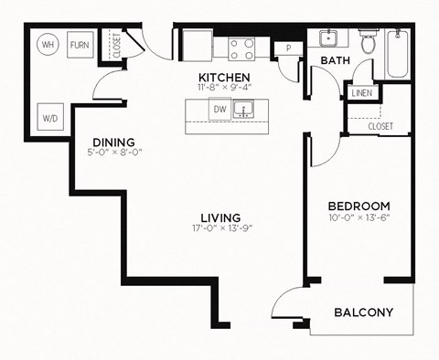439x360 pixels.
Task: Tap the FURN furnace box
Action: (80, 43)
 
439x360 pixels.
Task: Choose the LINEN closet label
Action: (359, 93)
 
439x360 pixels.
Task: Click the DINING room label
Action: (113, 143)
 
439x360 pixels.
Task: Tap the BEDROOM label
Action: (359, 206)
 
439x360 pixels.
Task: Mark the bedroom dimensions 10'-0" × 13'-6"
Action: (359, 219)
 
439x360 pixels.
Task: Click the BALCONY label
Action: (363, 312)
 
